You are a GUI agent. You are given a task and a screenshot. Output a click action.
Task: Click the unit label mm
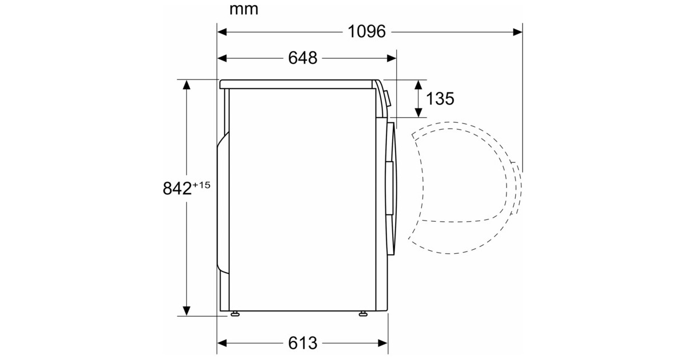point(244,10)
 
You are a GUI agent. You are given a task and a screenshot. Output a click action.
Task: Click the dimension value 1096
point(366,31)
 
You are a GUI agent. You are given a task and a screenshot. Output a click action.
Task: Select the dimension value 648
point(302,58)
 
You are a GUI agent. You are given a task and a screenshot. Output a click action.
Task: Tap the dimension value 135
point(440,98)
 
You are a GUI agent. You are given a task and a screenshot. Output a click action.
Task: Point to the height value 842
point(177,188)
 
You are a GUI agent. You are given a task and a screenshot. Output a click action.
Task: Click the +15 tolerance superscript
point(201,185)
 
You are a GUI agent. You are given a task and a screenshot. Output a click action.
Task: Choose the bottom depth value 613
point(302,343)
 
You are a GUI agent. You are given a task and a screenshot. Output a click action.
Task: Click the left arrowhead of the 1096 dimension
point(222,32)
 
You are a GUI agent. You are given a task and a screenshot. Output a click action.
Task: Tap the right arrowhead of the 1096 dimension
point(518,32)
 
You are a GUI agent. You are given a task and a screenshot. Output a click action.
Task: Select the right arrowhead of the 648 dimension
point(392,58)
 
